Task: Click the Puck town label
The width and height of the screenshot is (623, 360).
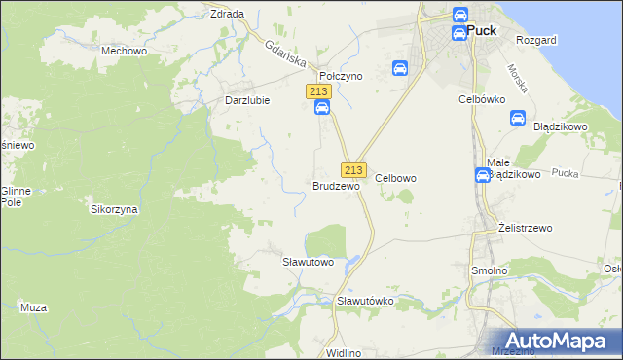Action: (482, 30)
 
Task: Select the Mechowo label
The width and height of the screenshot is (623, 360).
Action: (124, 50)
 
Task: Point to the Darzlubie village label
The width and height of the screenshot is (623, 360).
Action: (247, 100)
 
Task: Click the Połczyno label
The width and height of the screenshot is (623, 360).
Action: (341, 75)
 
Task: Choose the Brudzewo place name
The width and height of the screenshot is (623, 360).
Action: (336, 185)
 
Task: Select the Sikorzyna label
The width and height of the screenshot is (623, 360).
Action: (115, 209)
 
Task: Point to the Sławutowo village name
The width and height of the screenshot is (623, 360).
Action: (309, 262)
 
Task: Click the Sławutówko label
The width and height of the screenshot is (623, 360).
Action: (365, 301)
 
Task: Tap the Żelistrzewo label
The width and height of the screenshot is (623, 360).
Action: (525, 228)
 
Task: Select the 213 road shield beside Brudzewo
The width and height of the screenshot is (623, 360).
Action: (353, 169)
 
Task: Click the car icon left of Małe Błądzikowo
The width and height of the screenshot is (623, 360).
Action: (483, 175)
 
